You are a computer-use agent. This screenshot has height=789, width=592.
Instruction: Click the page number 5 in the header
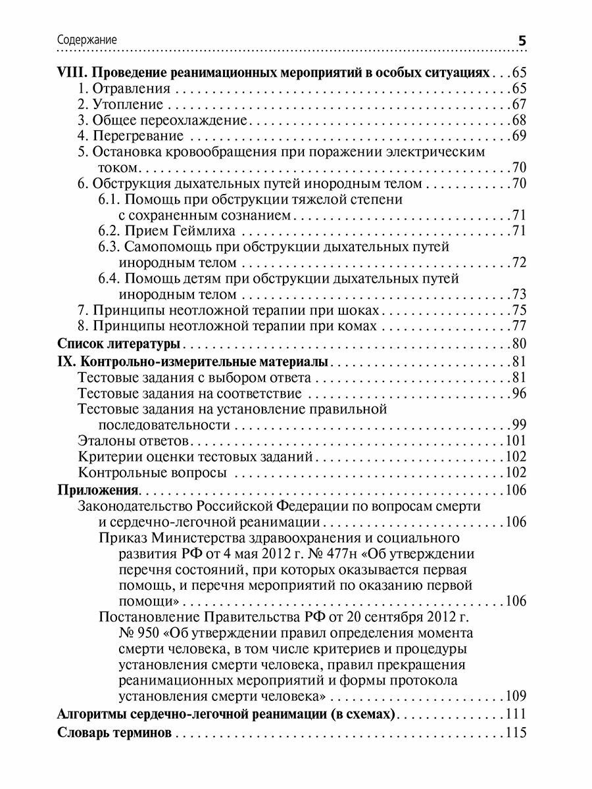[x=522, y=41]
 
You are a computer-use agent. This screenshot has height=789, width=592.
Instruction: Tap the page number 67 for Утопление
[x=520, y=104]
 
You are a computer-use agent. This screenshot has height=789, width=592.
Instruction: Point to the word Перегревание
[x=138, y=136]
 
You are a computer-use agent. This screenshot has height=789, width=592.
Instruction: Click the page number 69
[x=520, y=136]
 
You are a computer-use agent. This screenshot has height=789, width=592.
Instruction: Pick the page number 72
[x=520, y=262]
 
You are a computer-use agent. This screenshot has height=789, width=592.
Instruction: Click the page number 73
[x=520, y=294]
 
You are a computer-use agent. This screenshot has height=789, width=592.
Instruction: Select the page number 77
[x=520, y=326]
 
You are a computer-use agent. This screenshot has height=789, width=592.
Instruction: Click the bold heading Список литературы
[x=119, y=343]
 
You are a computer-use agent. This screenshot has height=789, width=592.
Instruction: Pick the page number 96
[x=520, y=393]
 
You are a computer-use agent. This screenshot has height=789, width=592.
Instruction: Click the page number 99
[x=520, y=425]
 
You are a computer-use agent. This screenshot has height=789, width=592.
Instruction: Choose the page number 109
[x=516, y=696]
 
